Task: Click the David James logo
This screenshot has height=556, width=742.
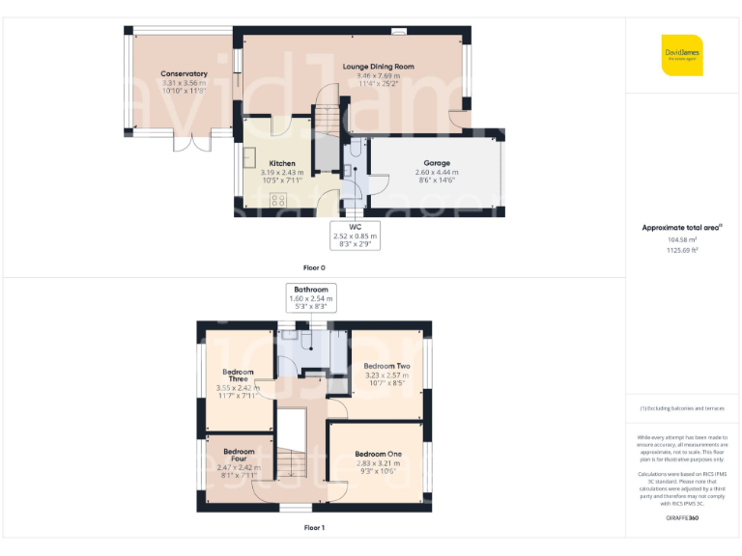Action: coord(682,55)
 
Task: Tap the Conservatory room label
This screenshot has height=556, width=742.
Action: coord(184,73)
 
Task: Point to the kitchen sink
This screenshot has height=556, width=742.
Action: coord(247,157)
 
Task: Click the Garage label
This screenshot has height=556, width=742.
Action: coord(437,163)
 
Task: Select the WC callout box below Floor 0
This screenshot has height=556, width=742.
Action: coord(355,235)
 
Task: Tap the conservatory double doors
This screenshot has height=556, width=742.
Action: coord(199,142)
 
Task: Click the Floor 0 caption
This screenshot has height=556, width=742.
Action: coord(314,266)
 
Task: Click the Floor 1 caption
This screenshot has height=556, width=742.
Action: coord(314,528)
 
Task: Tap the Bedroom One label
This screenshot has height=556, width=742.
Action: coord(378,454)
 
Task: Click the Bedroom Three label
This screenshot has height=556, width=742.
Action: coord(238,375)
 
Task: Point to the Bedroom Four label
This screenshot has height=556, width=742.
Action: coord(238,455)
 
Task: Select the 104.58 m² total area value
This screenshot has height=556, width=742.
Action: coord(682,239)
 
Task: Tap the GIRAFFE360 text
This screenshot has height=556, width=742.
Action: coord(682,519)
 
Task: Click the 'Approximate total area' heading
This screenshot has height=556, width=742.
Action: coord(682,228)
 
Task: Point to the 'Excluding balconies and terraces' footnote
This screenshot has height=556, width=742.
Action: coord(682,408)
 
